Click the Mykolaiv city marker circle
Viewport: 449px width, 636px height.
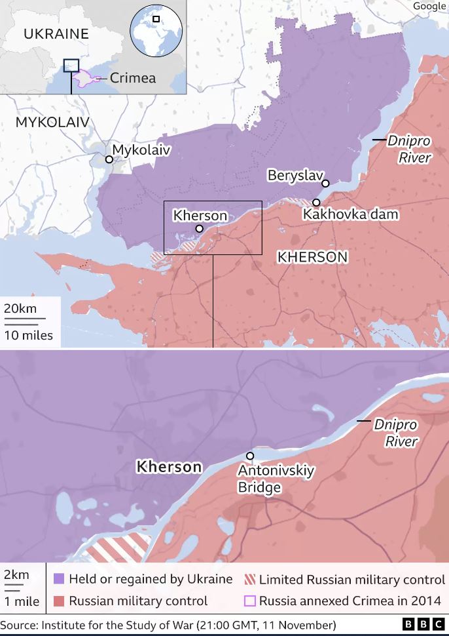[109, 159]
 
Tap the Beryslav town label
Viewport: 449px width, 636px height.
[293, 175]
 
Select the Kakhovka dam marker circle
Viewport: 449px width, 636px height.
[316, 203]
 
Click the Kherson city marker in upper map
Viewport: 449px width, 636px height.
[199, 229]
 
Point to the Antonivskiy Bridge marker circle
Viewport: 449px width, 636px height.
[249, 456]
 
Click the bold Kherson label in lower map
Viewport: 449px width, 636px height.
[168, 467]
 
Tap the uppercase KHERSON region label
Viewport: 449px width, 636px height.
[312, 257]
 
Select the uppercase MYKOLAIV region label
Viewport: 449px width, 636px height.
[52, 122]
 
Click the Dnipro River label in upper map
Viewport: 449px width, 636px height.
[410, 149]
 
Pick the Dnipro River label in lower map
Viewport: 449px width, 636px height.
[396, 433]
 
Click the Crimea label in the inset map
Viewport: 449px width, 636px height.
[133, 78]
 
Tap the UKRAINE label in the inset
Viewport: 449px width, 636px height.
[56, 34]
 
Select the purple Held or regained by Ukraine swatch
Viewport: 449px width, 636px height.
[58, 580]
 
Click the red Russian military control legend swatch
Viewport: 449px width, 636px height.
[58, 601]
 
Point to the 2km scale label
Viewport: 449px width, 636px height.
[16, 574]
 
